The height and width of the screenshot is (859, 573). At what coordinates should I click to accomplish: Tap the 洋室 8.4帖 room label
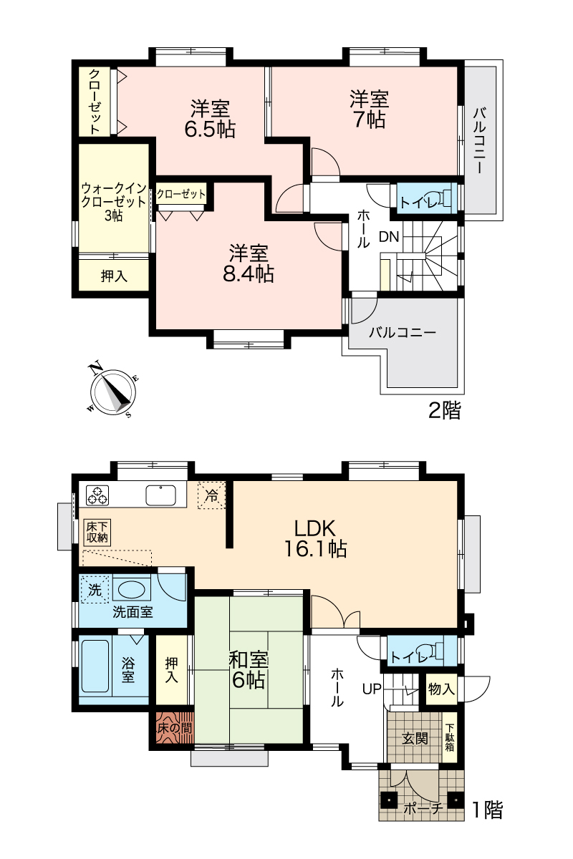tap(249, 263)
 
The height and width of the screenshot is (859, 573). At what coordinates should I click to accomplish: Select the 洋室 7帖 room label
tap(369, 109)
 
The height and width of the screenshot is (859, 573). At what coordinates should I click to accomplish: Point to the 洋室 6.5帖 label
tap(210, 119)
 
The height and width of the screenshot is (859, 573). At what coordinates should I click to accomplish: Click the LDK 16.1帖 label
tap(315, 538)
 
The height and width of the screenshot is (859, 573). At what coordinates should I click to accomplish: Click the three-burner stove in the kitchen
tap(97, 495)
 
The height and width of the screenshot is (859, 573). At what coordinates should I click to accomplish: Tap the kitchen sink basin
tap(161, 495)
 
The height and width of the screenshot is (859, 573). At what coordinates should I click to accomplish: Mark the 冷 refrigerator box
tap(211, 495)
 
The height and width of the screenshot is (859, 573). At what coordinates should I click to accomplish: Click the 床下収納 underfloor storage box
tap(97, 533)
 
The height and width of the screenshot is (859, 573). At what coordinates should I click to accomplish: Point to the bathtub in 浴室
tap(95, 666)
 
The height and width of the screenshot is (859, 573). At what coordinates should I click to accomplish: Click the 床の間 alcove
tap(175, 728)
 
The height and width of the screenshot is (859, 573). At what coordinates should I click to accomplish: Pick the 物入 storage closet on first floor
tap(441, 689)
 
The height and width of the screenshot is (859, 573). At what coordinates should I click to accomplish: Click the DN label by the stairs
tap(389, 237)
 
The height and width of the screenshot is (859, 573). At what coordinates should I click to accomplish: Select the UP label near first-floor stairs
tap(372, 689)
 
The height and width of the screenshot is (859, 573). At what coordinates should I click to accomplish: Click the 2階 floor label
tap(444, 410)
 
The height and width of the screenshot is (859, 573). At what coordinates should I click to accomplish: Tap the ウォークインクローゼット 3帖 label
tap(114, 202)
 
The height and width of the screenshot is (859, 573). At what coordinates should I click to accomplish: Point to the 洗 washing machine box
tap(95, 589)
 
